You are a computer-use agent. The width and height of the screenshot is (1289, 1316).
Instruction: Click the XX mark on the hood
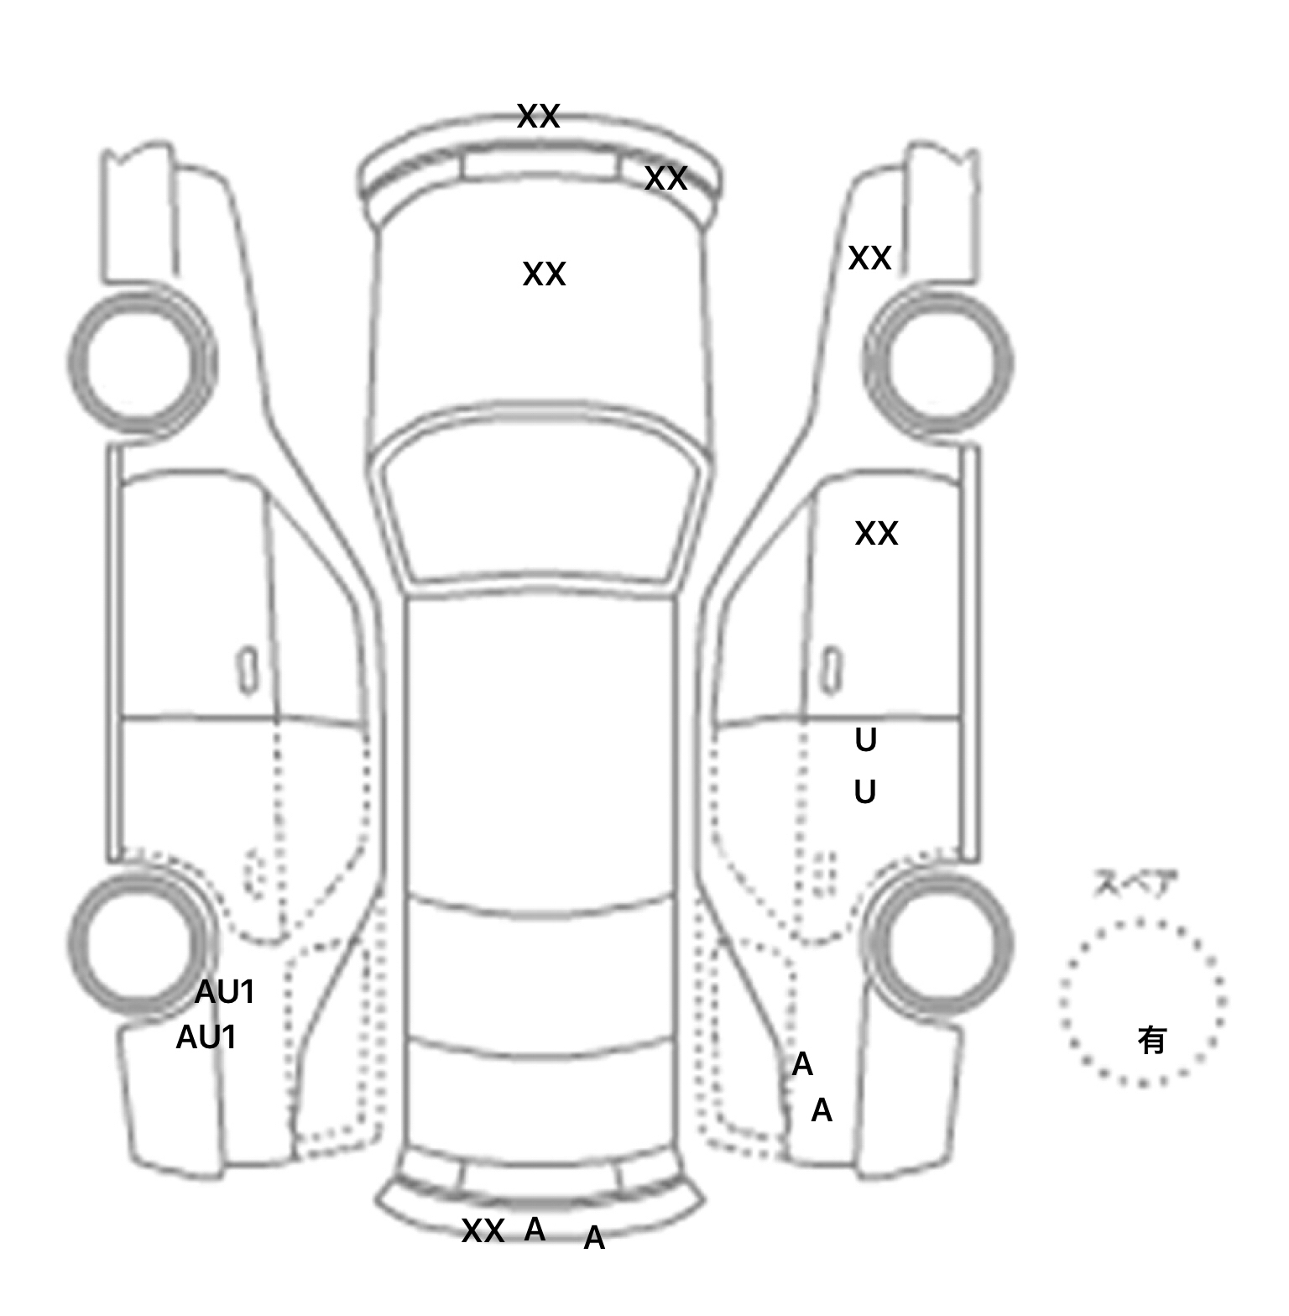click(x=544, y=274)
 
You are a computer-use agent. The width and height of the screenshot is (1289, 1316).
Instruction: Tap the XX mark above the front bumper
click(x=538, y=117)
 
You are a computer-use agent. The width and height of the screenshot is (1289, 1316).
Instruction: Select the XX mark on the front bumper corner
click(x=665, y=179)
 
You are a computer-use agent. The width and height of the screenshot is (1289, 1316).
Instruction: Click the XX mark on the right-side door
click(x=876, y=534)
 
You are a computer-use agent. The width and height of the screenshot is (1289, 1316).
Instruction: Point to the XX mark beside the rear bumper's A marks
click(x=483, y=1231)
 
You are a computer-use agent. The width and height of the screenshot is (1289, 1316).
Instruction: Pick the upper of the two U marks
click(x=865, y=740)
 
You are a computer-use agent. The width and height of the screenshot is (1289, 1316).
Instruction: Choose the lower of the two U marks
click(x=864, y=792)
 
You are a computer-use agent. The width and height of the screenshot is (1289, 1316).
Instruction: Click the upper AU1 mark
click(x=225, y=993)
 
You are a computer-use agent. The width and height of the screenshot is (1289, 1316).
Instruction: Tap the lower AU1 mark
click(x=206, y=1038)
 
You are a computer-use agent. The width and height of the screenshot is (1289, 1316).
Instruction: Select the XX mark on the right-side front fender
click(x=869, y=258)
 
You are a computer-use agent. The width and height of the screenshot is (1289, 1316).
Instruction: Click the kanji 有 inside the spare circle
click(x=1151, y=1041)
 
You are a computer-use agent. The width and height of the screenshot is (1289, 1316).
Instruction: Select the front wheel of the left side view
click(x=141, y=361)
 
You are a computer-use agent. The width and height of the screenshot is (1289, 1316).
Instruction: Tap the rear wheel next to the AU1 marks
click(x=139, y=942)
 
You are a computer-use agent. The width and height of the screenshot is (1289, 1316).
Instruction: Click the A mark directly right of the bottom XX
click(x=535, y=1230)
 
